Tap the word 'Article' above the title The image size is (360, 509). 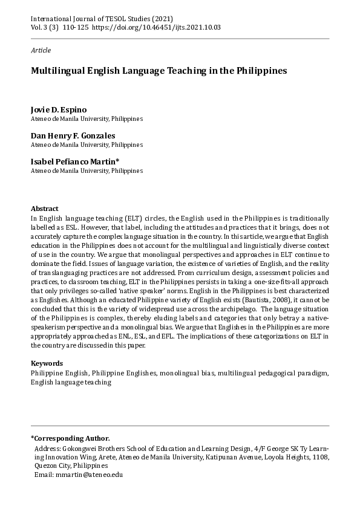[41, 50]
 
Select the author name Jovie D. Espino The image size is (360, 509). [59, 109]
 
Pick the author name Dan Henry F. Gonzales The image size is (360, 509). [73, 135]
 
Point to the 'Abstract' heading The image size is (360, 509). [45, 207]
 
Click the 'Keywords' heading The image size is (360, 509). [47, 363]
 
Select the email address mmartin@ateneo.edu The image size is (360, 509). [88, 475]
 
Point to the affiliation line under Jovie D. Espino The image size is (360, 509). [87, 119]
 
